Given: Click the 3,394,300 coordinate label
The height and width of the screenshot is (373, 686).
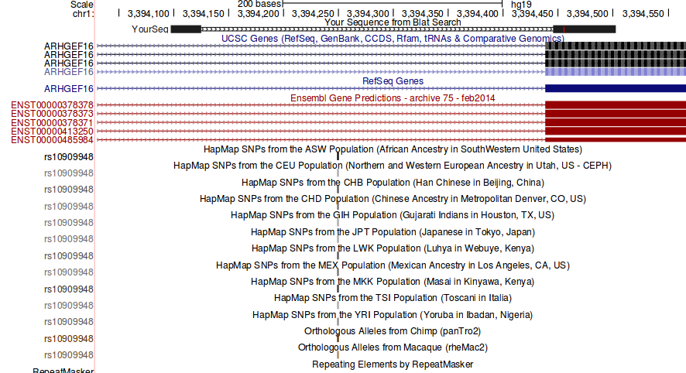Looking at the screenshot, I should point(368,14).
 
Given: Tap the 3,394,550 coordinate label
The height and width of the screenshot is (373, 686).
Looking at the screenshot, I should point(643,14).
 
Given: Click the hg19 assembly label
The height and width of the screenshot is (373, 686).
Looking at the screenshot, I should point(521,4).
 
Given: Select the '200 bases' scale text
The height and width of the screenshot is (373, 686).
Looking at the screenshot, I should point(259,4).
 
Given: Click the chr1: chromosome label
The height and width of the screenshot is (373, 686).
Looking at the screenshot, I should point(83,14).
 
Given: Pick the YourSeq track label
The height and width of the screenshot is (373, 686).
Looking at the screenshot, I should point(149,29).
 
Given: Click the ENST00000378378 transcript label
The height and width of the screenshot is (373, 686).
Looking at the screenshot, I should point(52,104).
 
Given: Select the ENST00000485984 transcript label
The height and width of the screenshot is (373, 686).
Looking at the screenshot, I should point(52,140).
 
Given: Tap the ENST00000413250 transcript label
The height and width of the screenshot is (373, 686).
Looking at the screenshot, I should point(52,132).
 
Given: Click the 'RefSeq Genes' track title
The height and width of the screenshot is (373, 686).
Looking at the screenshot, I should point(393,80).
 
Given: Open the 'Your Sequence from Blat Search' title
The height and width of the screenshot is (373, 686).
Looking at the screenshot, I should point(393,22).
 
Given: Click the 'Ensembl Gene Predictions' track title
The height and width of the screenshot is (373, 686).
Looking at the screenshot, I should point(393,98).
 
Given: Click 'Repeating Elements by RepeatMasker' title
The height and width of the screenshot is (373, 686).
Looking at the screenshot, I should point(393,364).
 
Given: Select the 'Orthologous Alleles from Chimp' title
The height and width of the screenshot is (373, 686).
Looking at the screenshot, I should point(393,330).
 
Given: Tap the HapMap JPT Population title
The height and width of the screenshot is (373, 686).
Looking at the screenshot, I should point(393,231).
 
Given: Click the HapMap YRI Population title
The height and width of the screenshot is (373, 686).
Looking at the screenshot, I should point(393,315).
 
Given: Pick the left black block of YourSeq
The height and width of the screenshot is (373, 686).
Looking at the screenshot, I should point(185,29).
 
